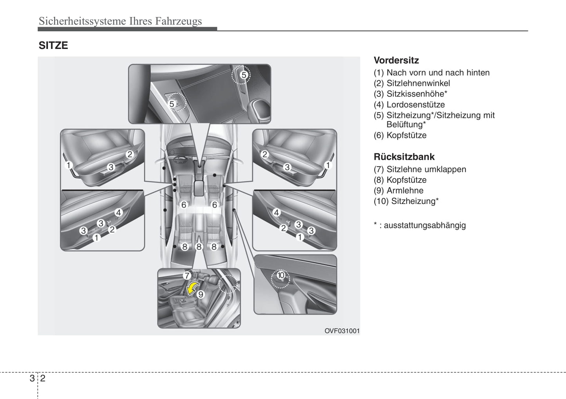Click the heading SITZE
click(x=53, y=45)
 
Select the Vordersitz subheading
click(x=396, y=60)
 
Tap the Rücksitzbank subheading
click(x=404, y=157)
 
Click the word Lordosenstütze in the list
click(x=415, y=105)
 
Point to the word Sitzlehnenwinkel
click(x=418, y=83)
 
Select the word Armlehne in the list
click(x=405, y=190)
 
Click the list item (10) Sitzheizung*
click(x=406, y=201)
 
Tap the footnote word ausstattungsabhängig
click(x=425, y=225)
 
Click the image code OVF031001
click(x=342, y=331)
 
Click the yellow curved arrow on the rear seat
click(x=192, y=289)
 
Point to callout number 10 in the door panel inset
click(x=280, y=275)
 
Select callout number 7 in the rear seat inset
click(x=187, y=276)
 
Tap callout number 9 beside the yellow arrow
click(x=201, y=294)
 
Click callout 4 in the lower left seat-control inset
click(x=118, y=213)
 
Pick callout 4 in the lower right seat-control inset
click(x=277, y=213)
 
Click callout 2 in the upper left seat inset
click(x=130, y=154)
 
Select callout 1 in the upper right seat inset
click(x=328, y=165)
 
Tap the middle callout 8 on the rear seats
click(x=199, y=247)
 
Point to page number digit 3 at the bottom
click(x=32, y=378)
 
